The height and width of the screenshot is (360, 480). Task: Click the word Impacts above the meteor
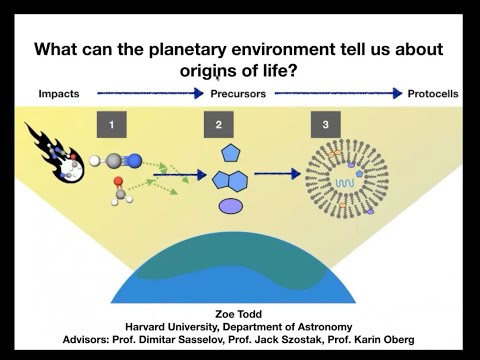click(x=58, y=94)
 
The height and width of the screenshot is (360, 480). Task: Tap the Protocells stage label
click(x=433, y=94)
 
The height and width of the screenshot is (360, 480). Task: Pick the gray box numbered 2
click(x=219, y=125)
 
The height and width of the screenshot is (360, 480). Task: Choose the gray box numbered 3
click(x=325, y=125)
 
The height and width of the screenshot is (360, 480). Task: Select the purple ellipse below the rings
click(x=230, y=207)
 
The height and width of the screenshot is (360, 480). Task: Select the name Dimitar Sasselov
click(x=204, y=340)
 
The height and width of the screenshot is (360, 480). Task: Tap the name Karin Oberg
click(x=389, y=340)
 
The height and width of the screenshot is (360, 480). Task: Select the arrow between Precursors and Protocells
click(x=336, y=94)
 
